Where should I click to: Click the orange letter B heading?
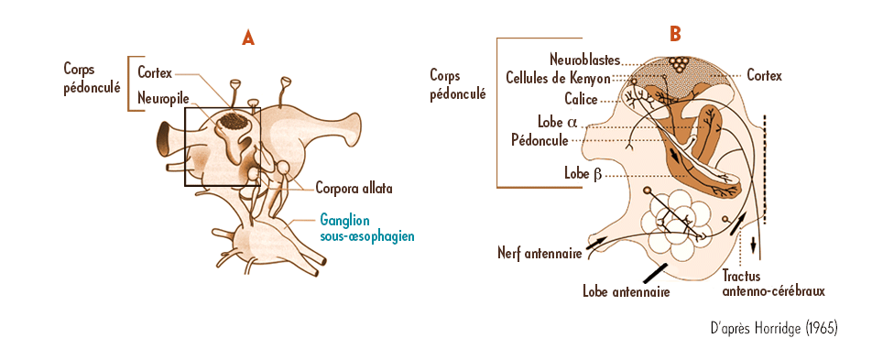click(675, 35)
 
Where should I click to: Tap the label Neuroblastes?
click(587, 59)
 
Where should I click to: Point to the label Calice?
click(580, 99)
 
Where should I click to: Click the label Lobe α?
click(557, 122)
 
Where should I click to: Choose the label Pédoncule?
click(540, 140)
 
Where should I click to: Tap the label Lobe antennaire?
click(626, 292)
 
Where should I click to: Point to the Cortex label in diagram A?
click(155, 71)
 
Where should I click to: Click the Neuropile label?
click(163, 98)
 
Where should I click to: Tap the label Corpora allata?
click(354, 189)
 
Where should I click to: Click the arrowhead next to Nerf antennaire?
click(598, 240)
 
